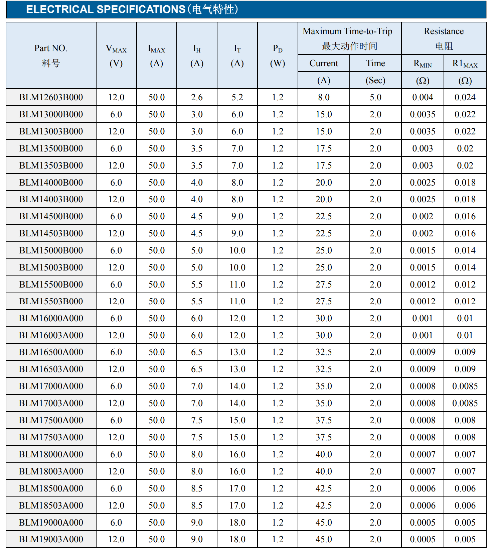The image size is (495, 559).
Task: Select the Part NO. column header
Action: [x=51, y=55]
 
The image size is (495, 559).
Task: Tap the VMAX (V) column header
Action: [x=116, y=55]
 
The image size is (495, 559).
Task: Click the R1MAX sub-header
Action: [x=465, y=63]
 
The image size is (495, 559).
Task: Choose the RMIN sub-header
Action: [x=423, y=63]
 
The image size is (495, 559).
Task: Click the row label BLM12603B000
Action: [x=51, y=97]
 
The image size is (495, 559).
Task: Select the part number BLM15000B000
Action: [x=51, y=250]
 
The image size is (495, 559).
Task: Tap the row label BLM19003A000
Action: [x=51, y=539]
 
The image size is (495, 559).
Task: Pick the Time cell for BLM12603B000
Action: [x=375, y=97]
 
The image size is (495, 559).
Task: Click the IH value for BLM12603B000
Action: [x=197, y=97]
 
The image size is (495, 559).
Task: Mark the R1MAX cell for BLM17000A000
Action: [x=465, y=386]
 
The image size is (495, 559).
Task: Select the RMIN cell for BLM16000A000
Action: [x=423, y=318]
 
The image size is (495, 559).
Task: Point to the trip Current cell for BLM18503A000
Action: [x=324, y=506]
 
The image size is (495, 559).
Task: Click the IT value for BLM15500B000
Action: [x=237, y=285]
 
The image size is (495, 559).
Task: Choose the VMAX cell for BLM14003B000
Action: [x=116, y=199]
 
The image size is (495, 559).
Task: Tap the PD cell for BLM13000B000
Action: [x=278, y=114]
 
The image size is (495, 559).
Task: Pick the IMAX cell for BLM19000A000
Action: [x=156, y=523]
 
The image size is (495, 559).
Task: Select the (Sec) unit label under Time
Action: [x=375, y=80]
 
